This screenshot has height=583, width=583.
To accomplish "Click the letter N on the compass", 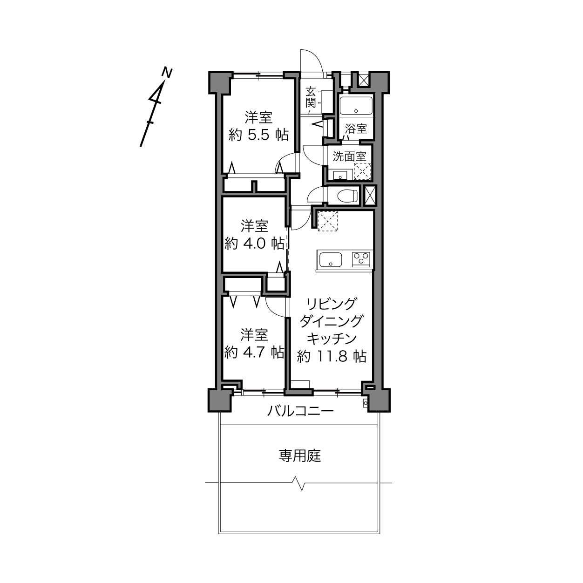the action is tap(167, 73).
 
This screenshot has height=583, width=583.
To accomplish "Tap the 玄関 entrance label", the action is tap(311, 97).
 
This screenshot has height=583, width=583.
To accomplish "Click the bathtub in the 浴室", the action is tap(356, 106).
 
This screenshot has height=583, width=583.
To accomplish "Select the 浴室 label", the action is tap(356, 129).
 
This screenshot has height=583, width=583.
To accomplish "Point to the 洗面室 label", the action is tap(349, 156).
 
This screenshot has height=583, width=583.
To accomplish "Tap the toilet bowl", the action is tap(347, 196).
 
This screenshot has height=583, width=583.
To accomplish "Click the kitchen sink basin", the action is tap(331, 260).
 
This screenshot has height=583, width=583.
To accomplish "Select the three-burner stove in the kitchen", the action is tap(361, 259).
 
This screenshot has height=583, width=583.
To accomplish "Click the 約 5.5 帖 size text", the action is tap(259, 135).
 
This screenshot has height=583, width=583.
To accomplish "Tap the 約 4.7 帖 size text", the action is tap(254, 352).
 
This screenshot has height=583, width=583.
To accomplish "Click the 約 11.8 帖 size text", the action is tap(332, 356).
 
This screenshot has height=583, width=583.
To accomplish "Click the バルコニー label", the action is tap(300, 411).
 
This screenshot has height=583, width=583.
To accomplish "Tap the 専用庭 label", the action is tap(300, 464).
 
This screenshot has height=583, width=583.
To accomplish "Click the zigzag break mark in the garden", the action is tap(298, 483).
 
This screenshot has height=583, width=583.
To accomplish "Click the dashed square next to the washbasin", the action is tap(362, 171).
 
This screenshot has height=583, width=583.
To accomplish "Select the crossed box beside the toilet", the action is tap(370, 196).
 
